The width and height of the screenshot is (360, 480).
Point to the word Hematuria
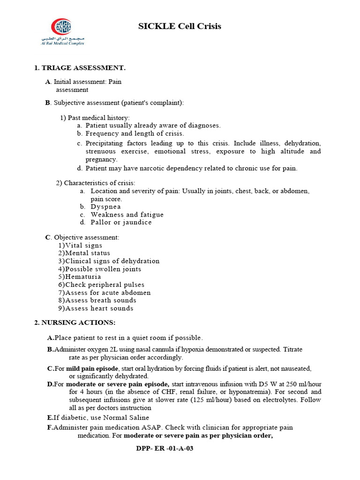click(x=83, y=277)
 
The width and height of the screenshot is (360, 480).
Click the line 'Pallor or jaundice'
click(x=121, y=222)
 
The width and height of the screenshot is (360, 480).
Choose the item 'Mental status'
click(x=88, y=253)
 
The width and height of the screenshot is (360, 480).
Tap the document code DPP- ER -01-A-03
click(x=164, y=449)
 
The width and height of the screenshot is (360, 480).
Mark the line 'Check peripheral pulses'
click(x=105, y=285)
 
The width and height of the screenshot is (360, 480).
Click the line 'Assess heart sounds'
click(x=99, y=308)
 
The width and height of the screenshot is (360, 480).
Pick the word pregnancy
click(x=101, y=159)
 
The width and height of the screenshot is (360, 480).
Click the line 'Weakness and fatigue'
click(x=127, y=215)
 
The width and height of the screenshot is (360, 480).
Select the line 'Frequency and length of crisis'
click(x=135, y=134)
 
